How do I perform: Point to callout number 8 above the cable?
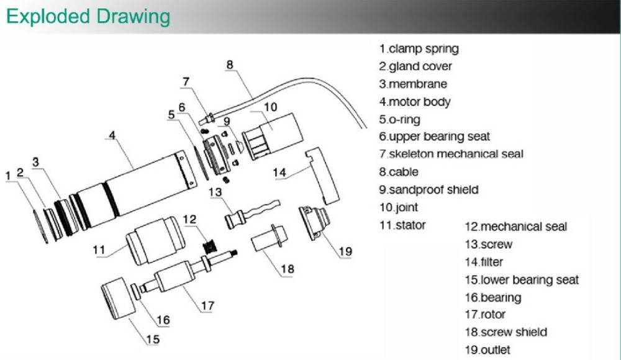[x=229, y=64]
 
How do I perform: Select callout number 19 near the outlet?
[x=345, y=251]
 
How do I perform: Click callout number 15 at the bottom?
[x=153, y=339]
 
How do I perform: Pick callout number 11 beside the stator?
[x=97, y=251]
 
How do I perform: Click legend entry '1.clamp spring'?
[x=419, y=48]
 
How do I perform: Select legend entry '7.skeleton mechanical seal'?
[x=451, y=154]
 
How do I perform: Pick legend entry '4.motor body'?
[x=415, y=101]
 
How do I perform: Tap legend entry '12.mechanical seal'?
[x=515, y=227]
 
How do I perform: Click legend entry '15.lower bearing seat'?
[x=522, y=280]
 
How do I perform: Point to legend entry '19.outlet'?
[x=487, y=349]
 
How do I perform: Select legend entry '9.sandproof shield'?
[x=428, y=189]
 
